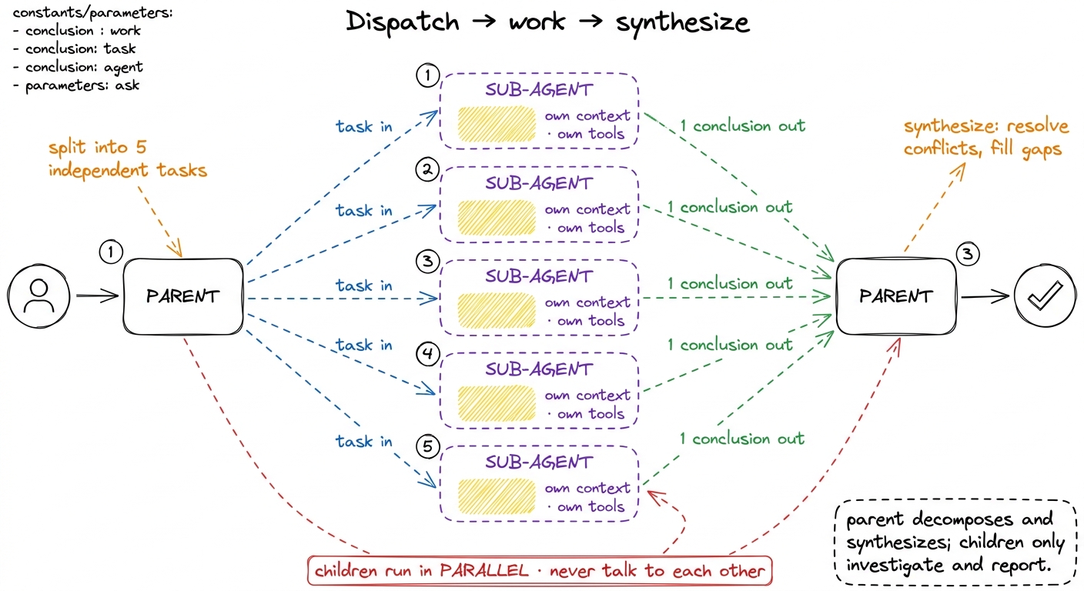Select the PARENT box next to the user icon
[x=183, y=296]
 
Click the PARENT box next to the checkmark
[x=896, y=296]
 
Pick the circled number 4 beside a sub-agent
[x=428, y=354]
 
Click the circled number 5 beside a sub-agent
[x=428, y=446]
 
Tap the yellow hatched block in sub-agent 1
[x=497, y=125]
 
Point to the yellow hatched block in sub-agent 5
[x=497, y=496]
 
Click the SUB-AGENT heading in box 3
[x=539, y=276]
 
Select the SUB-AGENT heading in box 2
[x=539, y=183]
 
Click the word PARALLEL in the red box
[x=484, y=571]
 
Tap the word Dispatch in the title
[x=403, y=22]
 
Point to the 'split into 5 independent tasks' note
[x=128, y=159]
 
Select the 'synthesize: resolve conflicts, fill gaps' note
[x=985, y=138]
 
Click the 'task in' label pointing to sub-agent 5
[x=364, y=441]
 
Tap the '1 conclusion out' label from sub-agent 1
[x=743, y=125]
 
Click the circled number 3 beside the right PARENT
[x=968, y=254]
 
